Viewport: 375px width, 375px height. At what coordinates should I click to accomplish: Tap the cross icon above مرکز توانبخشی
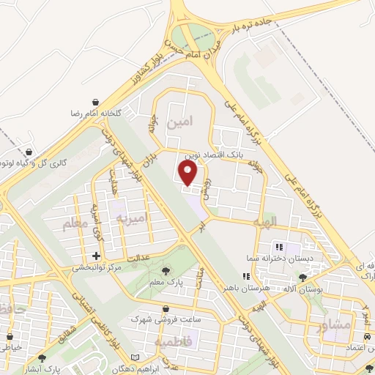click(96, 256)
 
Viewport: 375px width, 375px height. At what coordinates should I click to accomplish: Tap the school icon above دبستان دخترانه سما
click(280, 248)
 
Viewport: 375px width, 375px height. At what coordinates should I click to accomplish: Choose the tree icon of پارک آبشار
click(42, 359)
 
